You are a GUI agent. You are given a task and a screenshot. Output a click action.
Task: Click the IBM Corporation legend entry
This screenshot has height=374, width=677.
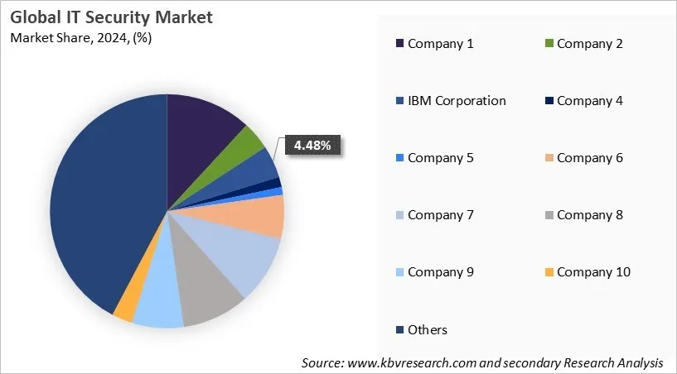[456, 101]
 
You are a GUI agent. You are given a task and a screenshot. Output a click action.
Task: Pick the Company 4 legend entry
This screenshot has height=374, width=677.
[589, 101]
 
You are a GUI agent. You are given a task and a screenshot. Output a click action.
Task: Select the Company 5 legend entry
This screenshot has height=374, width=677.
[440, 158]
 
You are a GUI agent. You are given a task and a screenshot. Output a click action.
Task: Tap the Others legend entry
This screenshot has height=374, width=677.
[427, 330]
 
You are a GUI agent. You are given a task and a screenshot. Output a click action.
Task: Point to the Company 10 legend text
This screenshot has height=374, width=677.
[593, 272]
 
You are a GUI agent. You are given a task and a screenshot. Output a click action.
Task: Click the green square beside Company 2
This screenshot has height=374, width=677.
[549, 44]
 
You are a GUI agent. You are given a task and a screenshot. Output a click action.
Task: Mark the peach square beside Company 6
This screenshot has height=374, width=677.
[549, 158]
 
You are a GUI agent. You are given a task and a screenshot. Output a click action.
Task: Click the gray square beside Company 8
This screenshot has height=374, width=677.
[549, 215]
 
